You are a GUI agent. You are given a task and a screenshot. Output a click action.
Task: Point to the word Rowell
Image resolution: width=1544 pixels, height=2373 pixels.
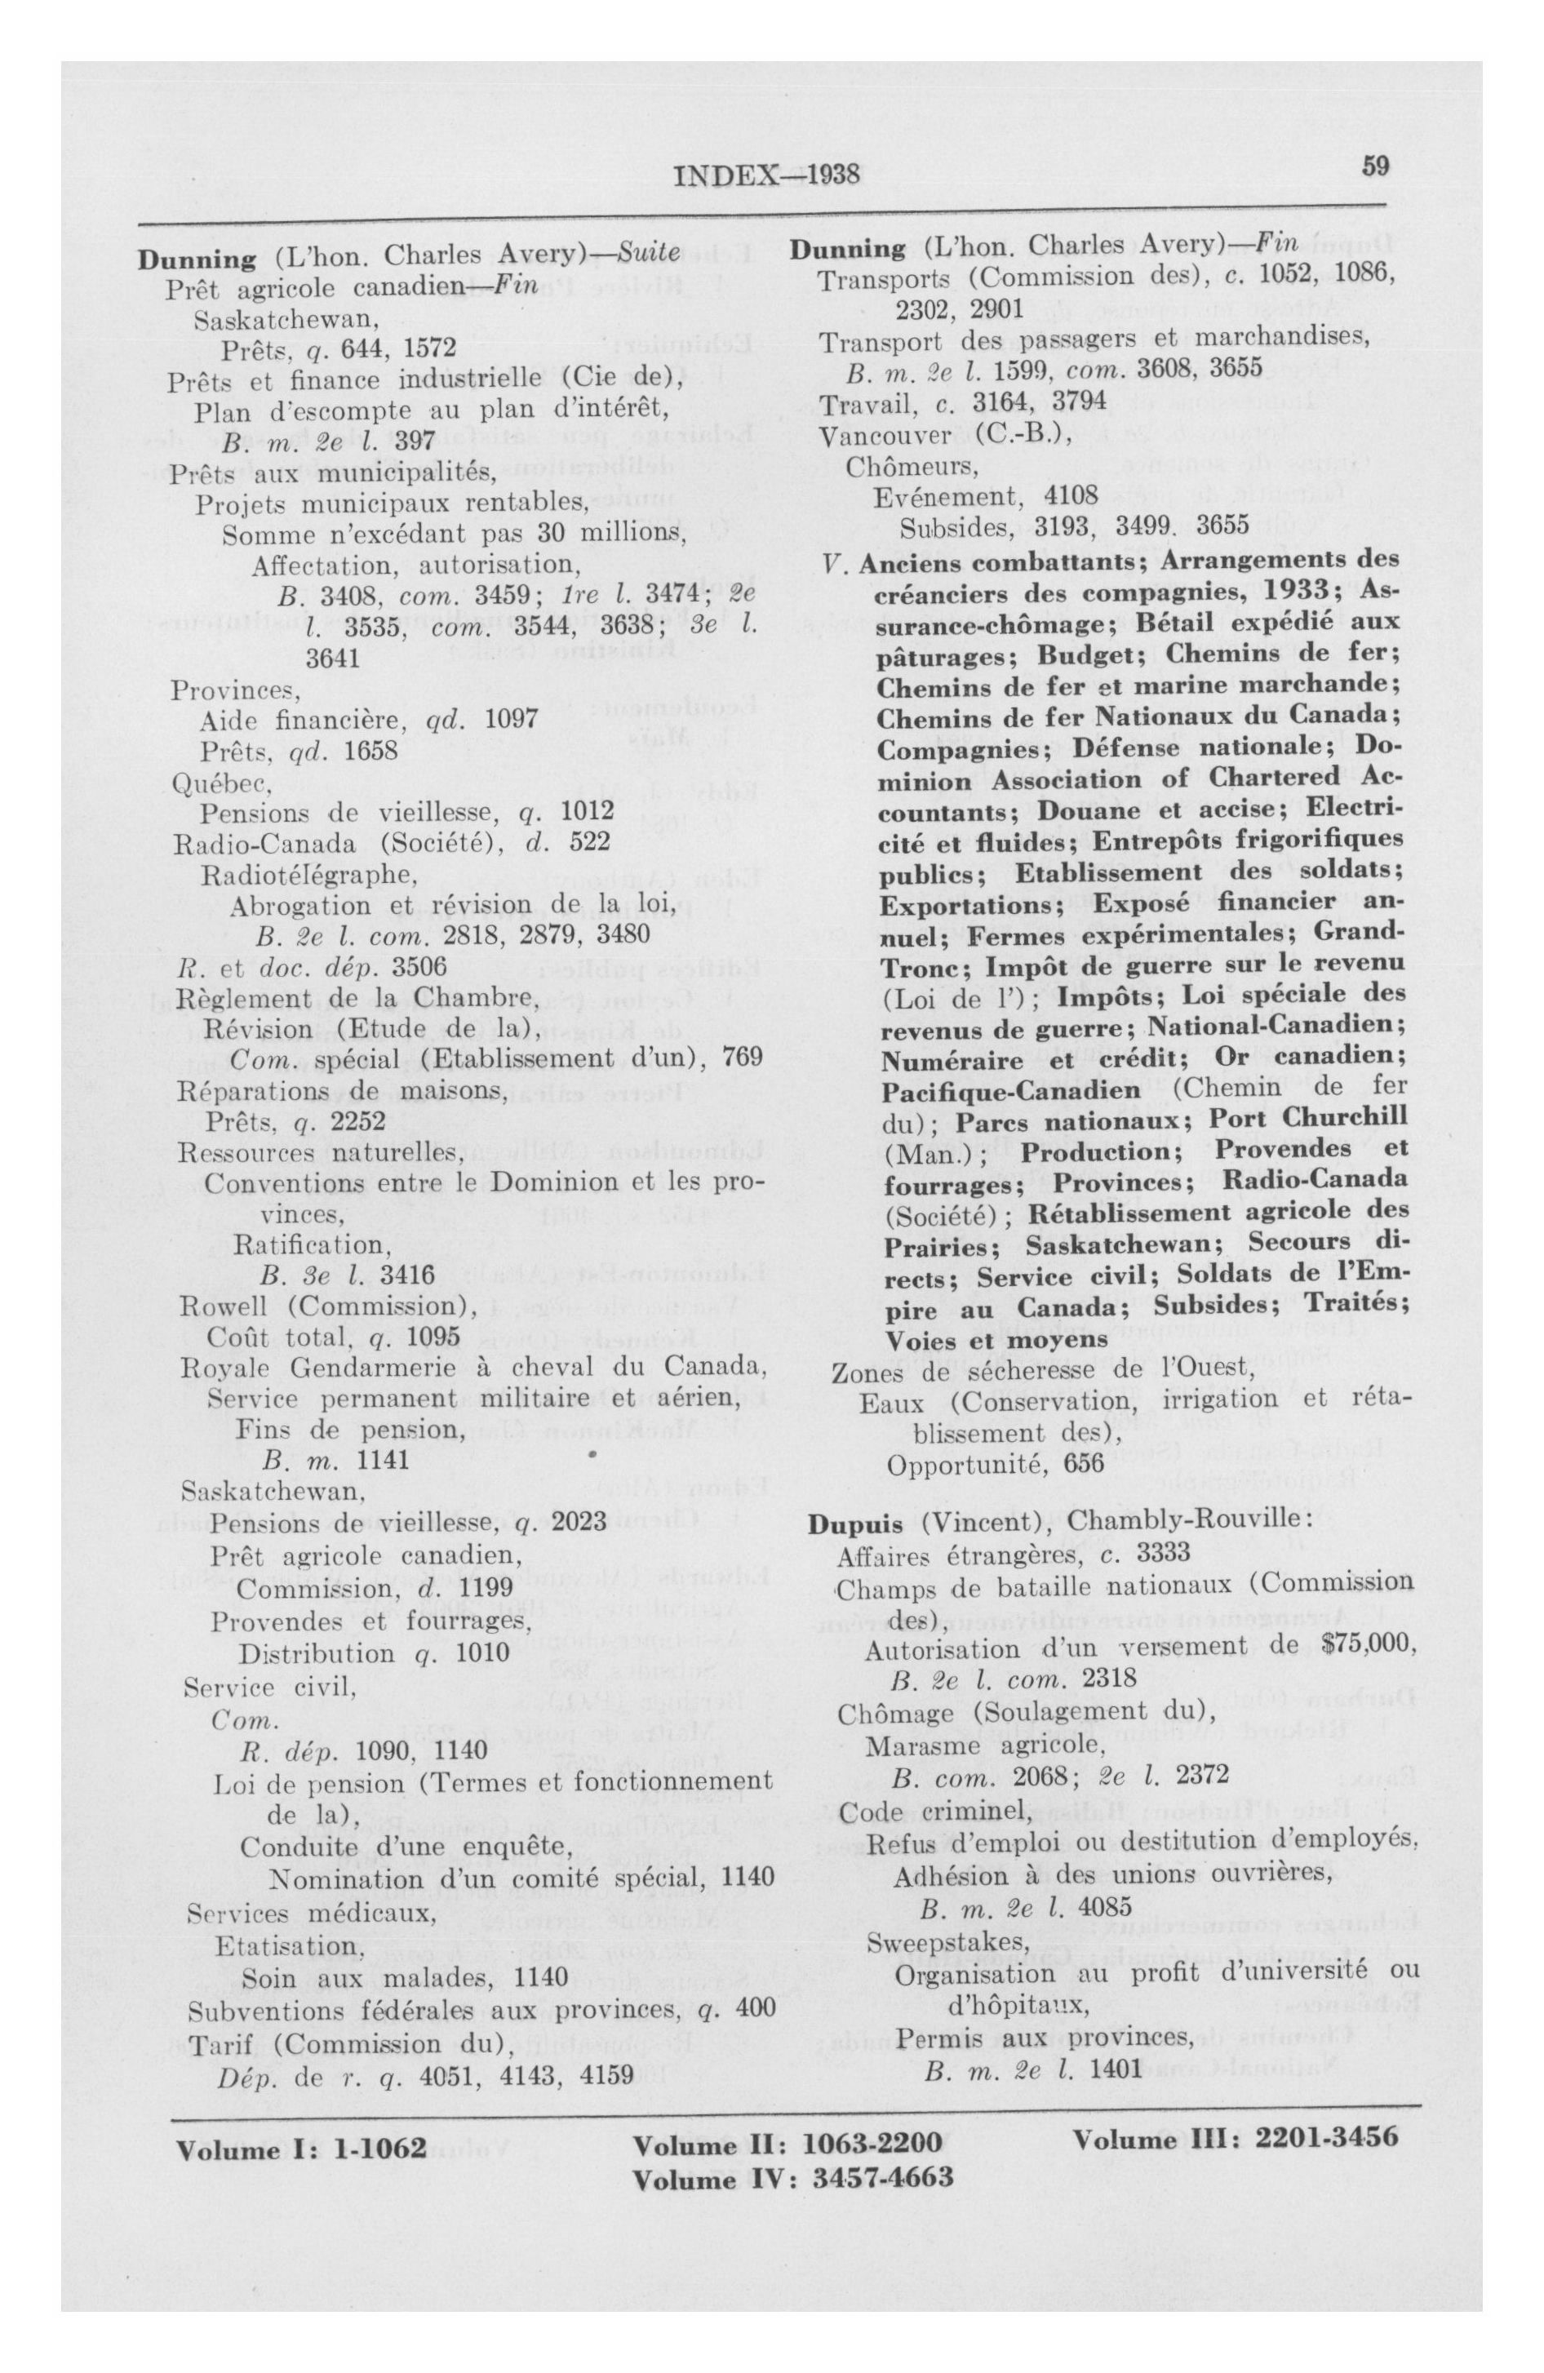coord(220,1306)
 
